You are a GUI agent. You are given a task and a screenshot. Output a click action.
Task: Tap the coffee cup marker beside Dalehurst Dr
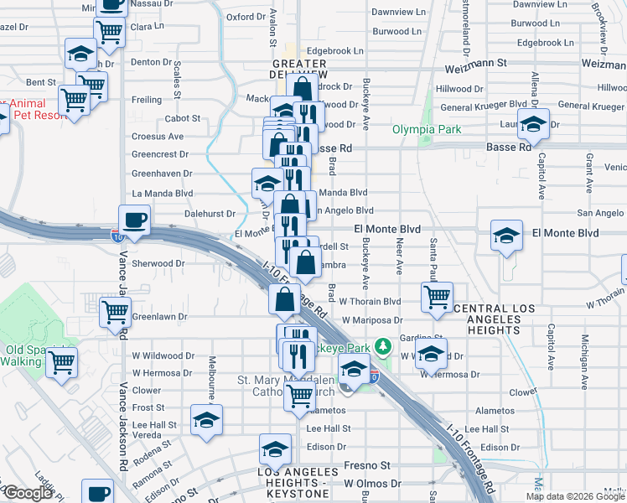point(134,220)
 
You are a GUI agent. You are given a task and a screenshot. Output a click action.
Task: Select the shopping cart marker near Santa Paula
point(437,296)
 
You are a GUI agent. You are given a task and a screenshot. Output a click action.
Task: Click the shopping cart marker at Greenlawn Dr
point(115,313)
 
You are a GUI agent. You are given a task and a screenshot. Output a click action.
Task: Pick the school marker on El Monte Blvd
point(506,236)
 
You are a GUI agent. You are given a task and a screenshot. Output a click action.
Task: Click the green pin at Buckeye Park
point(382,345)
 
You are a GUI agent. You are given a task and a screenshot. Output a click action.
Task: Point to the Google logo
point(28,493)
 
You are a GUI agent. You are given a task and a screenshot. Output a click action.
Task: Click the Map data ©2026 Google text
point(575,496)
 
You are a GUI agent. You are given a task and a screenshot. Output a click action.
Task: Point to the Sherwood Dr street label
point(158,262)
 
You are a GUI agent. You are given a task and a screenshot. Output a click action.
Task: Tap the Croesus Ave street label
point(157,136)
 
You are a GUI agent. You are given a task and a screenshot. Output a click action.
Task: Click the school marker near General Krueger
point(532,126)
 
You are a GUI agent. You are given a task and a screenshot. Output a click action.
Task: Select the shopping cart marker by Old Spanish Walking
point(62,363)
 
